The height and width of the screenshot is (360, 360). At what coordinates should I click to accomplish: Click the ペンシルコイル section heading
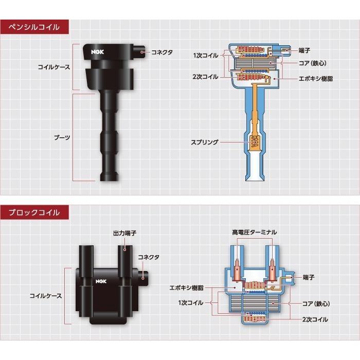[34, 27]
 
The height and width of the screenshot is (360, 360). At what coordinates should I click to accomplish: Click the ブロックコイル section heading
[34, 212]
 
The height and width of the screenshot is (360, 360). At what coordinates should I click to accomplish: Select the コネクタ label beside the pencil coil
[162, 52]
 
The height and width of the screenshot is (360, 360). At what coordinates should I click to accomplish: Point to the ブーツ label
[62, 138]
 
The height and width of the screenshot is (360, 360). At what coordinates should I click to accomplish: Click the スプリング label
[205, 142]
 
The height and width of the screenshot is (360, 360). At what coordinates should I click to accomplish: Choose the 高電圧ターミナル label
[254, 232]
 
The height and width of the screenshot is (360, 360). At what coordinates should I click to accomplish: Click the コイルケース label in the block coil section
[46, 296]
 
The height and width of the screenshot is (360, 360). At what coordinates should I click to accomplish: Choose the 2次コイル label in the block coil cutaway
[315, 319]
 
